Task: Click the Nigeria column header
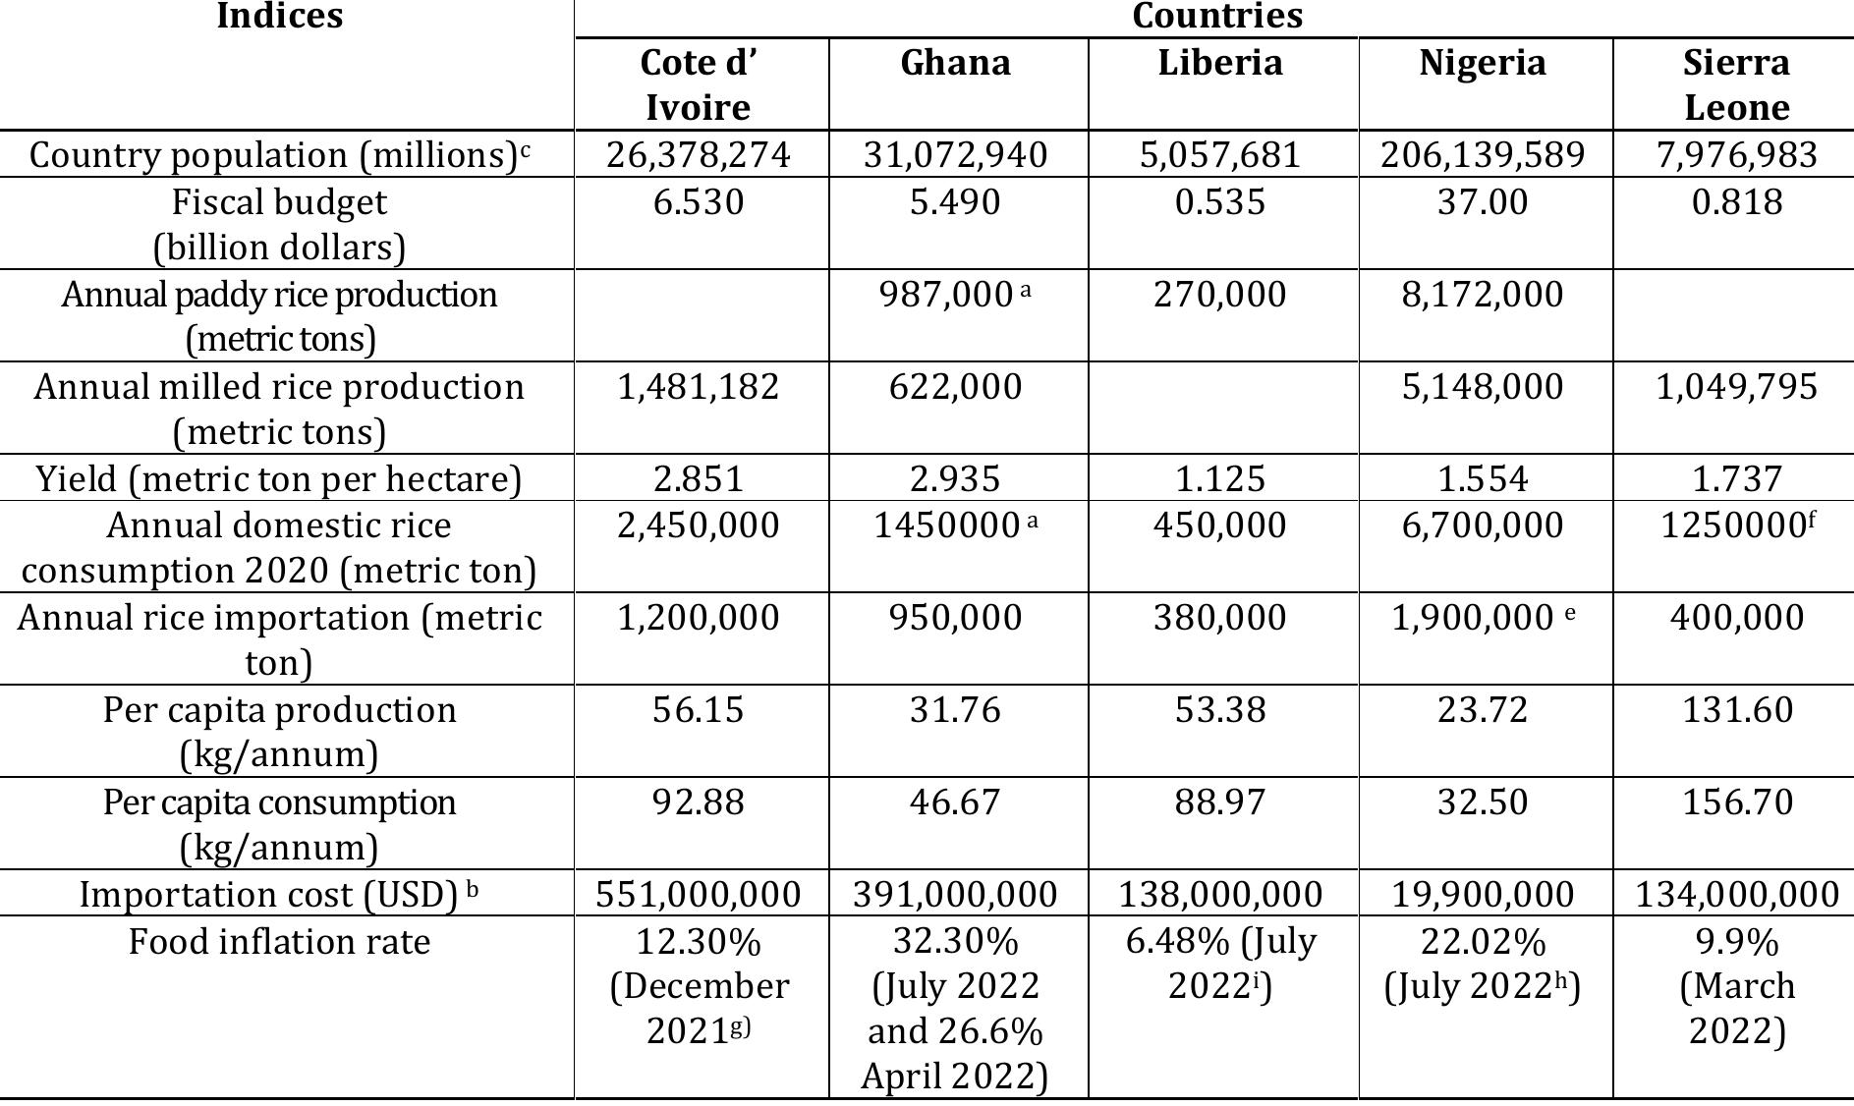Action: tap(1483, 63)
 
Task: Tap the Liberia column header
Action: tap(1220, 63)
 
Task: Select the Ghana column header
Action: tap(956, 63)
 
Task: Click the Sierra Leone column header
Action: tap(1736, 84)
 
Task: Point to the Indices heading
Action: tap(279, 16)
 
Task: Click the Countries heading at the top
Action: tap(1217, 16)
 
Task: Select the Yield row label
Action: tap(279, 478)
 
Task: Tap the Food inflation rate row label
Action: tap(279, 942)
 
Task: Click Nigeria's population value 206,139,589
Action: tap(1483, 155)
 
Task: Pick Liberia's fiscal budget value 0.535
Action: tap(1220, 202)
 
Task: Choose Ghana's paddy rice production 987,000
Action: tap(945, 295)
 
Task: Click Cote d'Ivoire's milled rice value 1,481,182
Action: tap(698, 387)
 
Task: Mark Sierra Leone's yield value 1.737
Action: tap(1736, 478)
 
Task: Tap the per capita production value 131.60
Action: tap(1736, 710)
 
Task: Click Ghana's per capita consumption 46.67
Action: tap(956, 802)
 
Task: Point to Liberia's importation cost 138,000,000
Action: tap(1220, 895)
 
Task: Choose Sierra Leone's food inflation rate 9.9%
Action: tap(1736, 942)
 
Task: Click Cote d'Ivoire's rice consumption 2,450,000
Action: tap(698, 525)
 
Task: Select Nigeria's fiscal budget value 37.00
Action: tap(1483, 202)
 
